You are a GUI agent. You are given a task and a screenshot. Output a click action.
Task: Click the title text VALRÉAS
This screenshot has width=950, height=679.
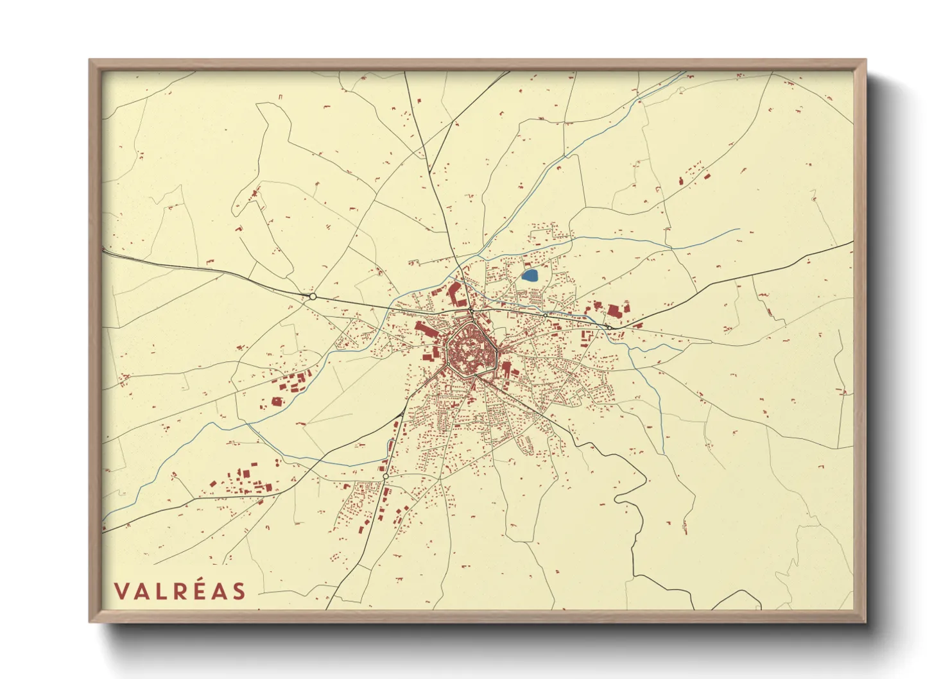pos(180,591)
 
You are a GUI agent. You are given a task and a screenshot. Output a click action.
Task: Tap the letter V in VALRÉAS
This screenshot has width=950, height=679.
pos(121,591)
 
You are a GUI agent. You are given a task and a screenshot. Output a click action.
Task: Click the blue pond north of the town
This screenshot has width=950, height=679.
pos(530,276)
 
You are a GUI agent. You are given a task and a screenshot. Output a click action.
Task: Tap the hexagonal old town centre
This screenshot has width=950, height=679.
pos(472,350)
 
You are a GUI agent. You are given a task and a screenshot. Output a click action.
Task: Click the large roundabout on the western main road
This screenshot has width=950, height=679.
pos(313,297)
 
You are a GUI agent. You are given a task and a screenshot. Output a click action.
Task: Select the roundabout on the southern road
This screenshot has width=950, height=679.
pos(385,477)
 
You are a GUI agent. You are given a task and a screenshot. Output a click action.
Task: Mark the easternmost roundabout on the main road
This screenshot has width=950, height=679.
pos(608,327)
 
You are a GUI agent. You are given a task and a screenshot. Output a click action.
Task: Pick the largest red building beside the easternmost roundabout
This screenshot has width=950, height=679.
pos(613,312)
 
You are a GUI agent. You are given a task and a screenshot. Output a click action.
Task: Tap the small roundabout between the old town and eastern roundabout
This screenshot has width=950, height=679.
pos(545,315)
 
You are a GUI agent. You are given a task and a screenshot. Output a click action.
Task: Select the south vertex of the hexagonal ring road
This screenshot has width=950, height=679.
pos(474,377)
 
